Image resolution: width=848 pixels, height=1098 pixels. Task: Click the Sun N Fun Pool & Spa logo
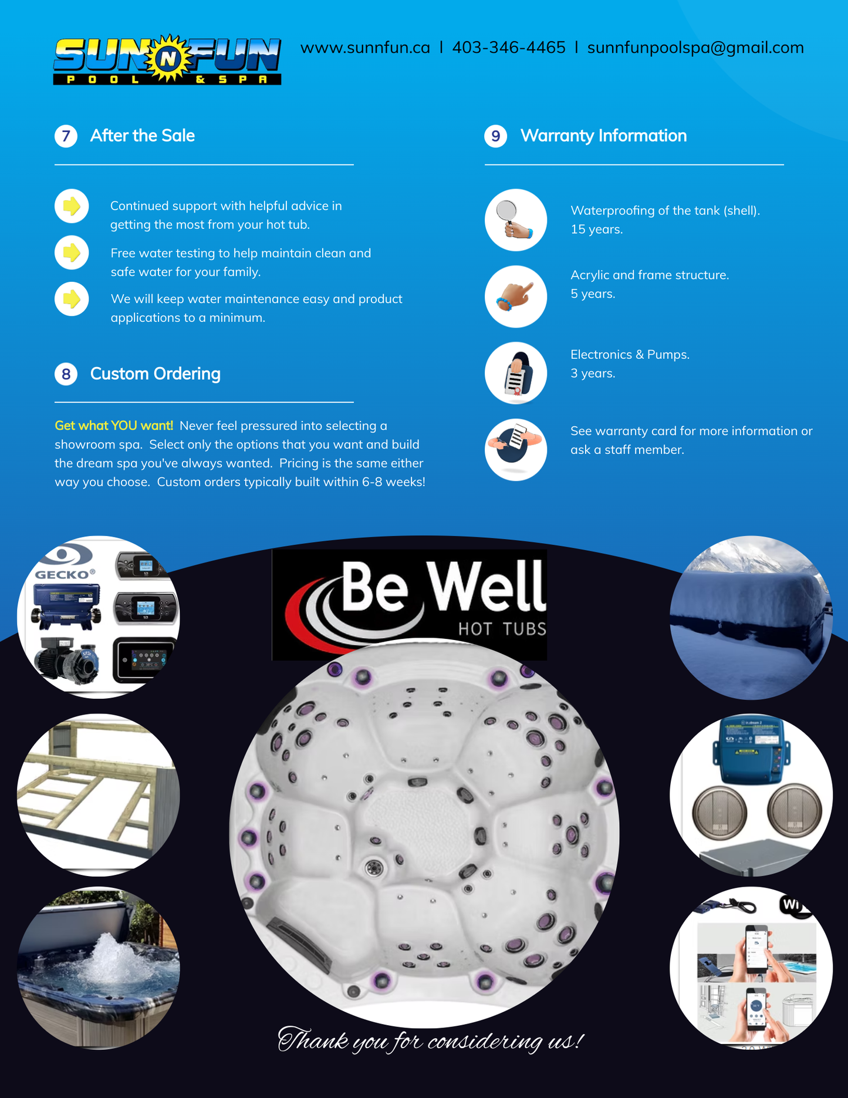[x=167, y=60]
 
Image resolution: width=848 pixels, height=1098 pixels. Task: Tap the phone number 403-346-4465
[x=509, y=48]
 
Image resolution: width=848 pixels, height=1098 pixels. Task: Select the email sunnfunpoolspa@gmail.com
[x=695, y=48]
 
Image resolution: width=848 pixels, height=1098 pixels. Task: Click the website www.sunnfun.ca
[x=365, y=48]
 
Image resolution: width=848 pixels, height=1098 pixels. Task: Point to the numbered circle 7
[x=66, y=136]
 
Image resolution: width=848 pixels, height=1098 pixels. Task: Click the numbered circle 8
[x=66, y=374]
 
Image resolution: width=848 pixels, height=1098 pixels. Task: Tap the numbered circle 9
[x=496, y=136]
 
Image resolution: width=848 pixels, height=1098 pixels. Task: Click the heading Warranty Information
[x=603, y=136]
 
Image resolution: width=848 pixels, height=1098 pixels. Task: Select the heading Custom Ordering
[x=156, y=373]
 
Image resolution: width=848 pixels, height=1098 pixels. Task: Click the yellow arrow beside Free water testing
[x=72, y=252]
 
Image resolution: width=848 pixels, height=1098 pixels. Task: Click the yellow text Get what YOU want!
[x=114, y=426]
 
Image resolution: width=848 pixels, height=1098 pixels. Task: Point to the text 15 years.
[x=597, y=229]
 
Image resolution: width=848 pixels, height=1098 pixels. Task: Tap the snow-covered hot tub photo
[x=751, y=617]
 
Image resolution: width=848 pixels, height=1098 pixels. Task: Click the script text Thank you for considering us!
[x=430, y=1040]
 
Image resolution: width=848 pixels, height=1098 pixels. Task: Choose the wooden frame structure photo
[x=99, y=795]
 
